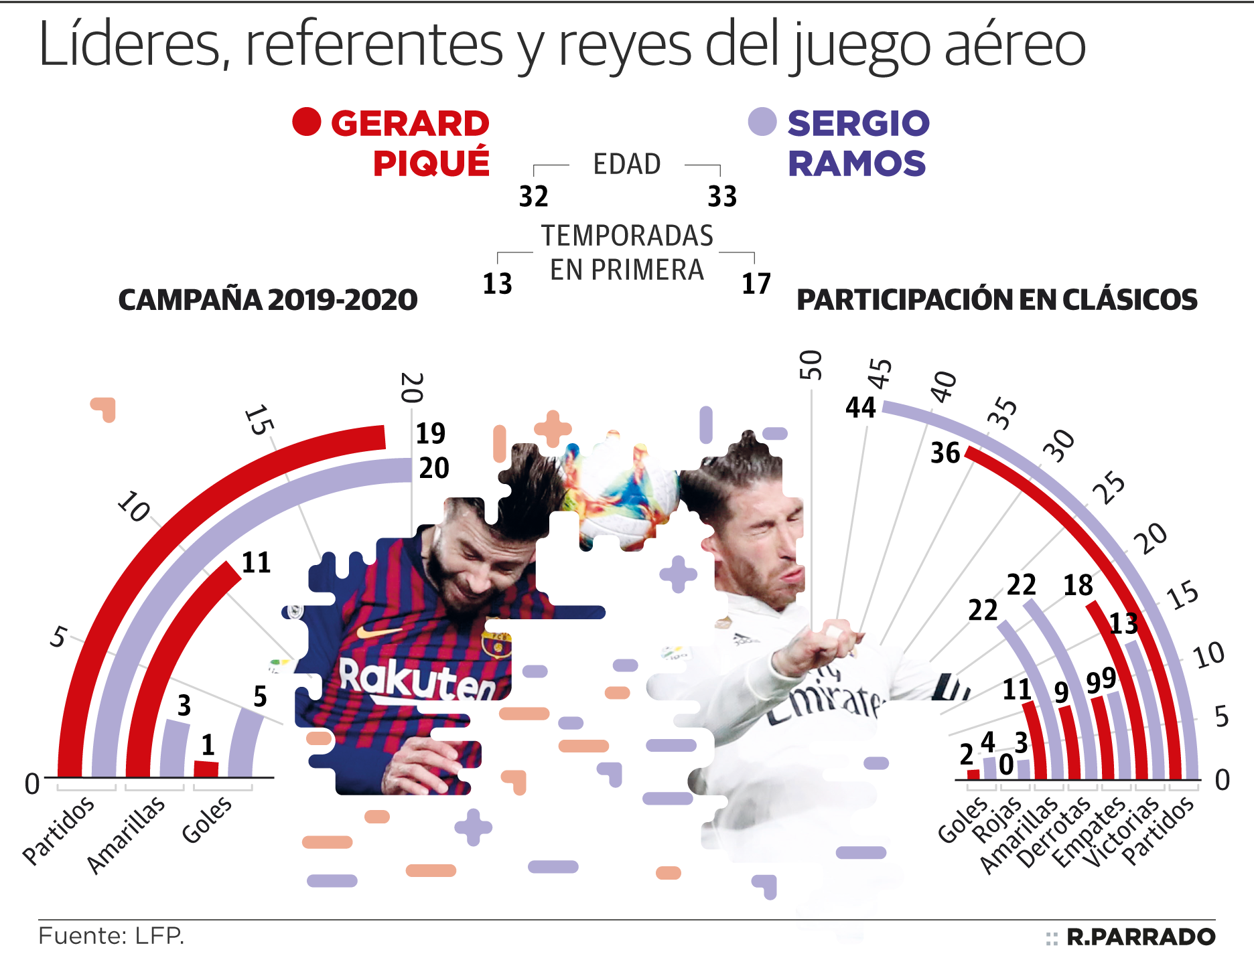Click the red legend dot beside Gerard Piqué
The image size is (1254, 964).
[307, 122]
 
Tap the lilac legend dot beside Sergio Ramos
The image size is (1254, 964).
[762, 122]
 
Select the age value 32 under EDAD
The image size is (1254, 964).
[534, 197]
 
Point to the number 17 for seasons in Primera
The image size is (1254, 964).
[756, 284]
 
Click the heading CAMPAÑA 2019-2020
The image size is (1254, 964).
[268, 300]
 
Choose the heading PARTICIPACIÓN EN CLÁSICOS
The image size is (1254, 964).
[997, 300]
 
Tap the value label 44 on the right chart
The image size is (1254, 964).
[861, 407]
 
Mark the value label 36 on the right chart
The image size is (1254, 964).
[945, 453]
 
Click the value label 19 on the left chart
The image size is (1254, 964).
[431, 433]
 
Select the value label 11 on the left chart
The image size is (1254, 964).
[256, 562]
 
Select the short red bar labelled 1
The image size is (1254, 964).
[206, 769]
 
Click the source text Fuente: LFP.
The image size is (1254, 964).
[111, 936]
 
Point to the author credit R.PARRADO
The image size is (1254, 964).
[1141, 937]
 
